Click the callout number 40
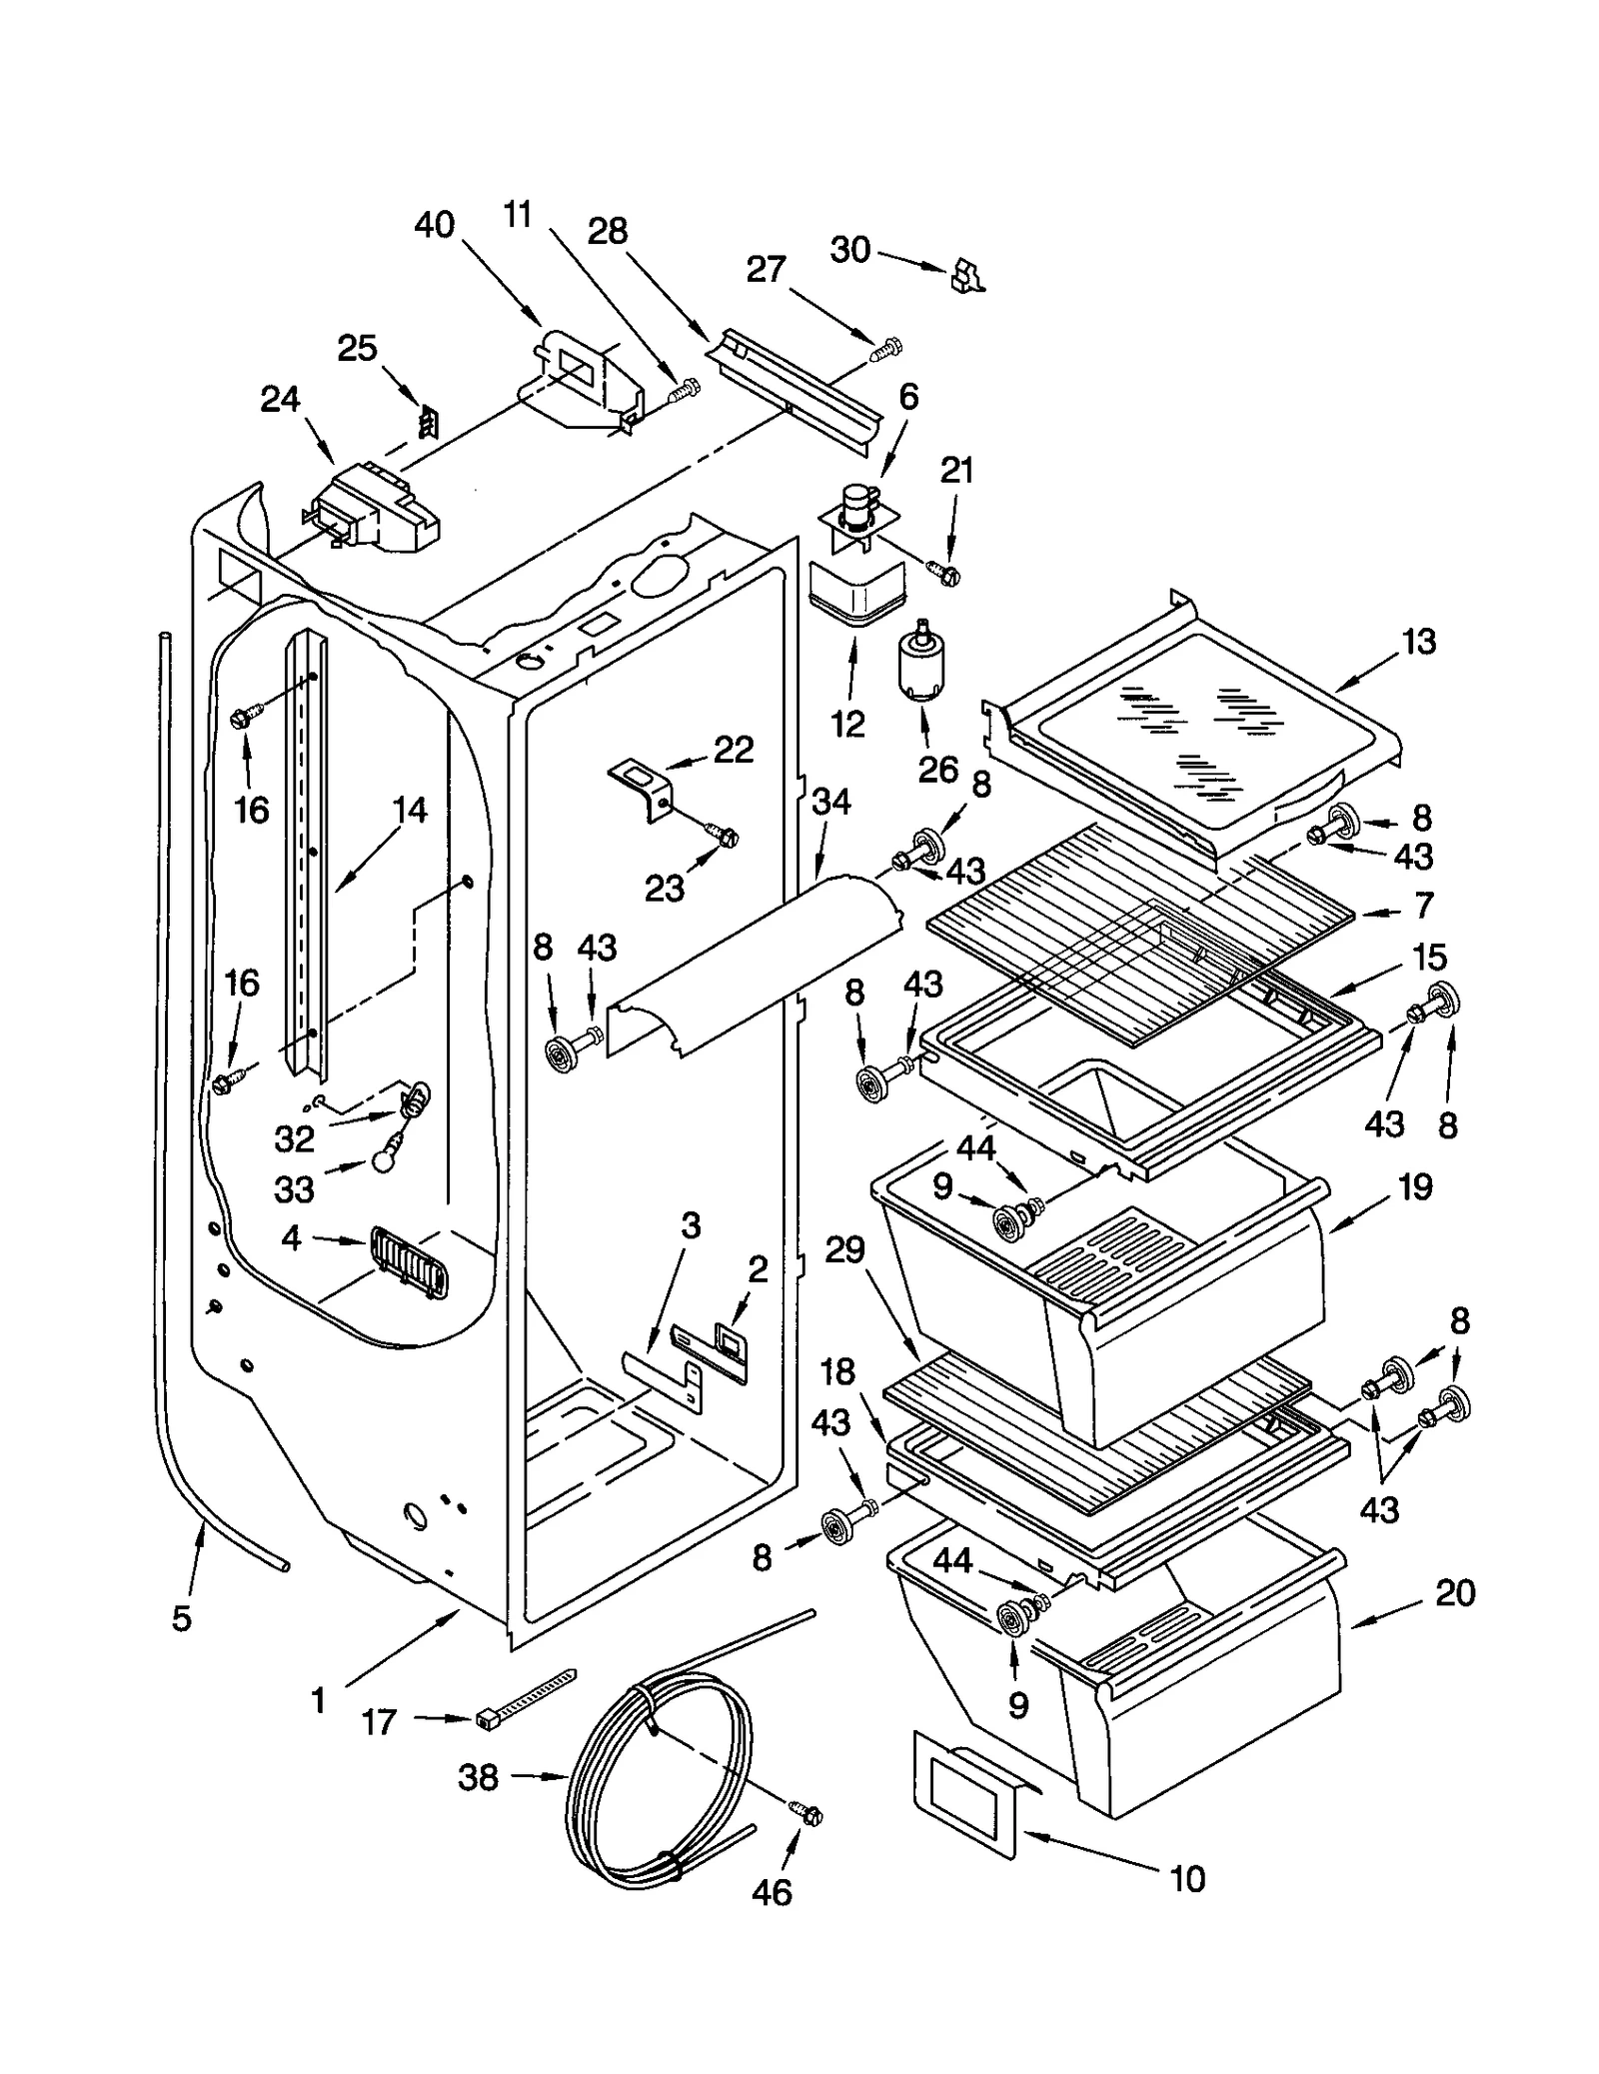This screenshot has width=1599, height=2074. [x=434, y=225]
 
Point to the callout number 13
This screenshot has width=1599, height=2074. [x=1419, y=641]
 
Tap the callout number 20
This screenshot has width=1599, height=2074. [x=1454, y=1591]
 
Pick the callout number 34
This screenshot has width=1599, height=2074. [x=831, y=801]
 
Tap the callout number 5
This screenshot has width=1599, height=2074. [x=181, y=1617]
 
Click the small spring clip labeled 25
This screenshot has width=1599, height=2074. [x=428, y=423]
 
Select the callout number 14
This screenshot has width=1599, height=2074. [x=410, y=809]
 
